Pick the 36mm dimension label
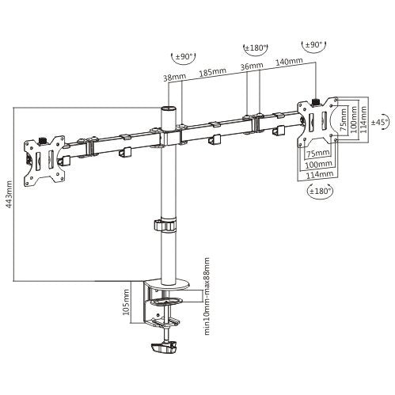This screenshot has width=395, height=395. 253,67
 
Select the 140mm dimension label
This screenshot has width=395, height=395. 290,60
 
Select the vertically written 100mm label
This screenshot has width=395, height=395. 354,120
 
